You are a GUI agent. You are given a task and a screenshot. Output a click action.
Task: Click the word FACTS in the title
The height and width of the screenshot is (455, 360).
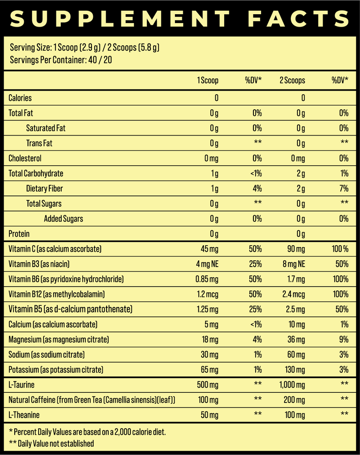[x=299, y=19]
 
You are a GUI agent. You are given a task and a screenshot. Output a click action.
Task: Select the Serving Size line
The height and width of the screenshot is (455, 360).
[x=84, y=47]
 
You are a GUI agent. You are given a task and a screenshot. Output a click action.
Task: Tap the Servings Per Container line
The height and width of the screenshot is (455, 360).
[x=60, y=60]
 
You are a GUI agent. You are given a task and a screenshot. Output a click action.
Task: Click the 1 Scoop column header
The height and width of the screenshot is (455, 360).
[x=208, y=80]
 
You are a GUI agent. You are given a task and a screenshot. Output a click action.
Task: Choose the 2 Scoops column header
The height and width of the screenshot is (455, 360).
[x=292, y=80]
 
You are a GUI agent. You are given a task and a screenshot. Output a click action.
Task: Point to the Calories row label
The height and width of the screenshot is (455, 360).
[x=20, y=98]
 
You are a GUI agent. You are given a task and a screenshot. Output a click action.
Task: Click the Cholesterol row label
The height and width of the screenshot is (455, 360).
[x=25, y=158]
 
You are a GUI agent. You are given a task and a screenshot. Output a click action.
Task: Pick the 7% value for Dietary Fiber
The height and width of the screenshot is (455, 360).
[x=343, y=188]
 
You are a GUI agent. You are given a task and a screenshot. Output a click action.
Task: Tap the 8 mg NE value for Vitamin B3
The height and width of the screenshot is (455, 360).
[x=294, y=264]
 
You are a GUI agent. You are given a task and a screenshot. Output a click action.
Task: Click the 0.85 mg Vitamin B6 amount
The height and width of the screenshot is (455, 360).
[x=207, y=279]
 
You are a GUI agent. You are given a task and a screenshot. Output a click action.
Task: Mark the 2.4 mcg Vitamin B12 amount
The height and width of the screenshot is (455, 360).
[x=293, y=294]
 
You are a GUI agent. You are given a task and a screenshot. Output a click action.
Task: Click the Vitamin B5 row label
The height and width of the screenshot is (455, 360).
[x=70, y=309]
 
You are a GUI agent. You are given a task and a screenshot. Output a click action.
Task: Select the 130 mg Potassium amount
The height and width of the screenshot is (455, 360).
[x=295, y=370]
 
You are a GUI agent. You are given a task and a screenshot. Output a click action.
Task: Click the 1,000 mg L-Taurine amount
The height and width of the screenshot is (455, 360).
[x=291, y=385]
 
